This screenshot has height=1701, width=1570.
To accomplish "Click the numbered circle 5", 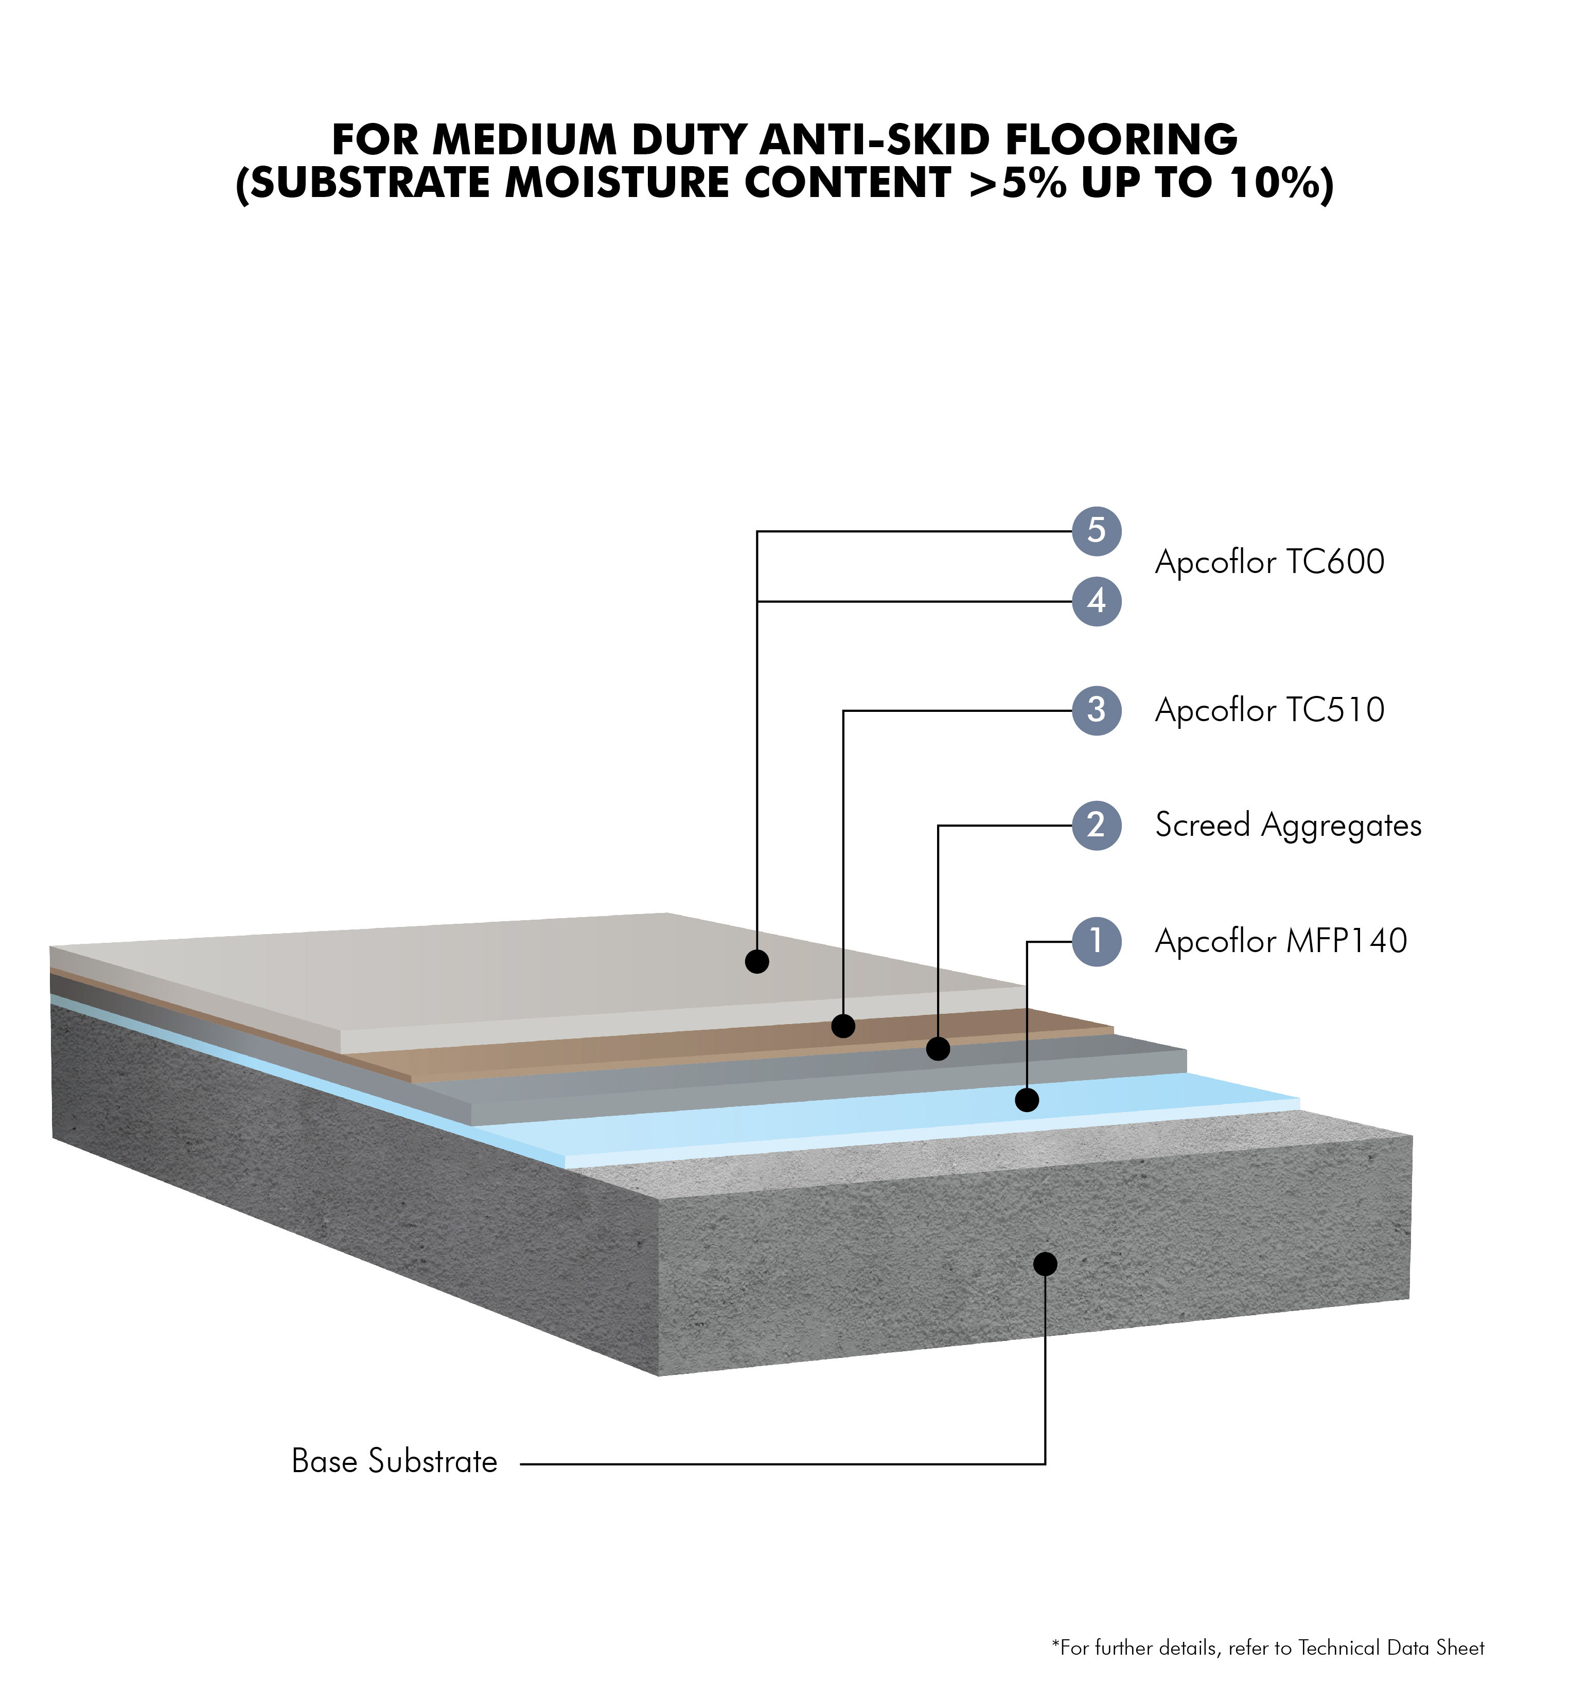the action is tap(1097, 532).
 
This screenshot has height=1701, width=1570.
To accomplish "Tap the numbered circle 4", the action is tap(1097, 601).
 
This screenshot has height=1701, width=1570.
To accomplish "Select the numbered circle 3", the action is tap(1097, 710).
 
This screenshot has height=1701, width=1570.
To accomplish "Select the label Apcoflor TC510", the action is tap(1270, 710).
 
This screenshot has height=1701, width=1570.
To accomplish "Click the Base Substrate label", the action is tap(394, 1461).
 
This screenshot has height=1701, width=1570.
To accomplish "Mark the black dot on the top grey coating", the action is tap(757, 961).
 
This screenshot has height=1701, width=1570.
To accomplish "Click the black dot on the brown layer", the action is tap(843, 1026).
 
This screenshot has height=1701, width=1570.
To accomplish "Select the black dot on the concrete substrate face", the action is tap(1045, 1264).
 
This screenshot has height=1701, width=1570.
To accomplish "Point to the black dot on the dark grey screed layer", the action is tap(938, 1049).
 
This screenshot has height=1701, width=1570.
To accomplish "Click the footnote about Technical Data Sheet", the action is tap(1268, 1648).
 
